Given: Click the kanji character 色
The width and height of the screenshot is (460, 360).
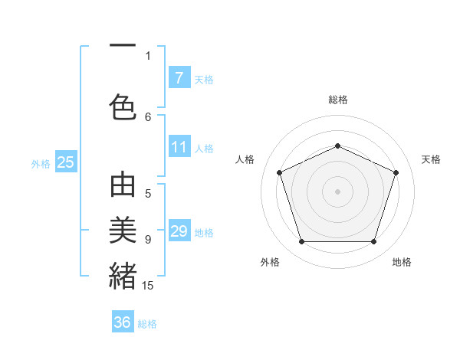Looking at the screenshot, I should pyautogui.click(x=123, y=106).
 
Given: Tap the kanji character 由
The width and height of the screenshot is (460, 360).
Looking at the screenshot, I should pyautogui.click(x=123, y=186).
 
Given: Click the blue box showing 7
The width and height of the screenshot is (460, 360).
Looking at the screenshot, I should pyautogui.click(x=179, y=77).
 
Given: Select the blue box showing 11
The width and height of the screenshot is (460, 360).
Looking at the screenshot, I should pyautogui.click(x=179, y=147).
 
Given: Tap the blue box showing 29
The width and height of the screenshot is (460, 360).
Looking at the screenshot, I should pyautogui.click(x=179, y=231).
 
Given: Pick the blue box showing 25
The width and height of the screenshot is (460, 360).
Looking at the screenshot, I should pyautogui.click(x=65, y=162).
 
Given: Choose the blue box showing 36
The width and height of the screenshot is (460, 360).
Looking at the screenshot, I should pyautogui.click(x=123, y=322).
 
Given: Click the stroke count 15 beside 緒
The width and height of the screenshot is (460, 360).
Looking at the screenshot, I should pyautogui.click(x=148, y=285).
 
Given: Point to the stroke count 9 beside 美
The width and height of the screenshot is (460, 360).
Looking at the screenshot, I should pyautogui.click(x=148, y=239).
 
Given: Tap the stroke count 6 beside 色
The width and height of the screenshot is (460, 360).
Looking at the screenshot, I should pyautogui.click(x=148, y=116).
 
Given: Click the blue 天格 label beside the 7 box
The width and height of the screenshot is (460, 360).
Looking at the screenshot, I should pyautogui.click(x=204, y=79).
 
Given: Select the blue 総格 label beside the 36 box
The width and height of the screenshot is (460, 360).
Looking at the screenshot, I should pyautogui.click(x=147, y=324).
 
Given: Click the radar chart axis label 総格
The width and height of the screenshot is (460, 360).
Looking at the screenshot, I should pyautogui.click(x=337, y=100).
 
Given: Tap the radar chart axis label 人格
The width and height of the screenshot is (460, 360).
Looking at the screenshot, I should pyautogui.click(x=245, y=159).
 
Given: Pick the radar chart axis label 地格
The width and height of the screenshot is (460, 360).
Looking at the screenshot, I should pyautogui.click(x=402, y=262).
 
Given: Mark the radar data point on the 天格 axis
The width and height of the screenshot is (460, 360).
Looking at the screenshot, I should pyautogui.click(x=396, y=172).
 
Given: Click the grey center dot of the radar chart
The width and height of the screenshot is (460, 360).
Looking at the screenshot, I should pyautogui.click(x=337, y=191).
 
